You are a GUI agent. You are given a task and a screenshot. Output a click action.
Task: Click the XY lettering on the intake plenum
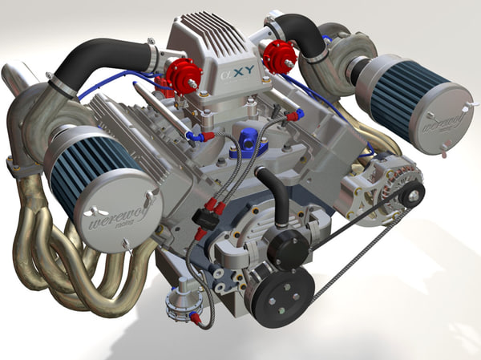point(238,79)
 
